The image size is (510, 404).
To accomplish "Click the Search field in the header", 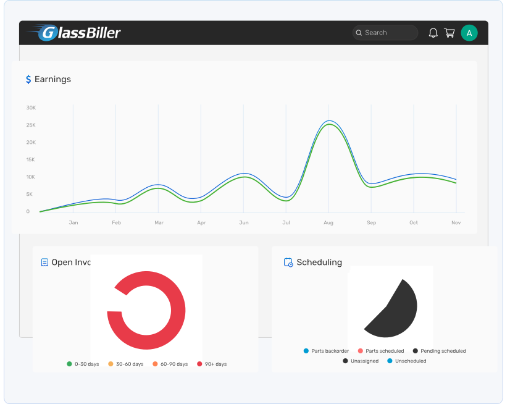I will click(385, 33).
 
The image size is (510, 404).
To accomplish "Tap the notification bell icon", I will click(433, 33).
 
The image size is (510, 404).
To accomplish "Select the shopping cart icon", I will click(449, 33).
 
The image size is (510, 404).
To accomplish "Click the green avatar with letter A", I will click(469, 33).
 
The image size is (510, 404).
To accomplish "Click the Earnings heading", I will click(52, 79).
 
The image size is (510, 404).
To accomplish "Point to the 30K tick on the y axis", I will click(31, 107).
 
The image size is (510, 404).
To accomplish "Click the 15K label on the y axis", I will click(31, 159).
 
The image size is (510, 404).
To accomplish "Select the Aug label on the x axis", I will click(328, 222).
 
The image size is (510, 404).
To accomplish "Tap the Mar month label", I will click(159, 222).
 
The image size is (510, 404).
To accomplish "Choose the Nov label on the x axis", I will click(456, 222).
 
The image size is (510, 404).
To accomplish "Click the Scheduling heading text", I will click(319, 263).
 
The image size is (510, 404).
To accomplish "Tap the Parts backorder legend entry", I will click(325, 351).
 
